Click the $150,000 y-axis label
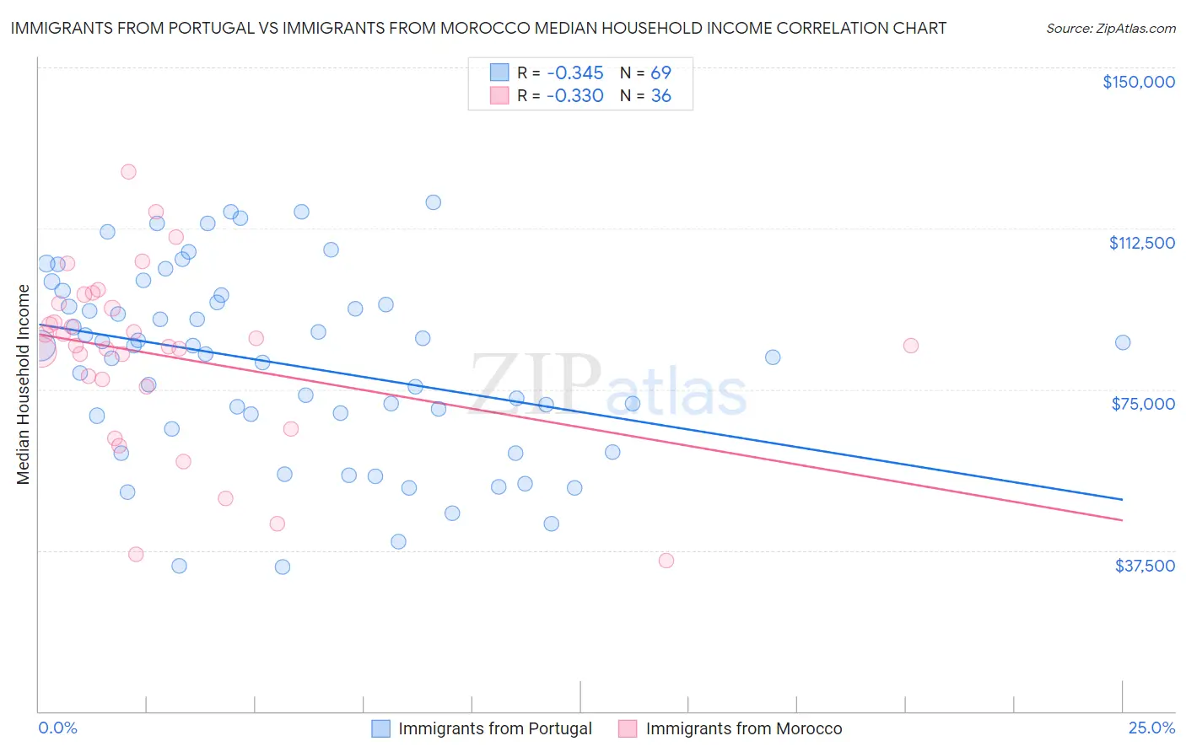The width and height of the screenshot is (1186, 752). tap(1138, 82)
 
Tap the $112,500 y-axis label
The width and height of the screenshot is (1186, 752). tap(1141, 243)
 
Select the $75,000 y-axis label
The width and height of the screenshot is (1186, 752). tap(1143, 404)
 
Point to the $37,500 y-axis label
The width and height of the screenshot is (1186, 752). tap(1145, 565)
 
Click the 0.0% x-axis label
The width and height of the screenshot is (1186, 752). tap(57, 728)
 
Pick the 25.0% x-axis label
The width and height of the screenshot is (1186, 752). tap(1151, 728)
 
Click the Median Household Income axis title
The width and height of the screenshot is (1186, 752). tap(23, 384)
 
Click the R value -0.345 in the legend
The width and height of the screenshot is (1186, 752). tap(574, 73)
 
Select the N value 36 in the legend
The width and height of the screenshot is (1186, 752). tap(660, 96)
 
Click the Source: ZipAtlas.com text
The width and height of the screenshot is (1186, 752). tap(1110, 28)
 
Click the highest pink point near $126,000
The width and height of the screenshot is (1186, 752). tap(128, 171)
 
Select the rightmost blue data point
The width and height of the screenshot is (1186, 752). tap(1122, 342)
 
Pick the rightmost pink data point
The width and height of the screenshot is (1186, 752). tap(910, 345)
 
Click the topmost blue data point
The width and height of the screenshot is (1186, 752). tap(433, 201)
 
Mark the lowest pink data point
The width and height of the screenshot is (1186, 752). tap(666, 560)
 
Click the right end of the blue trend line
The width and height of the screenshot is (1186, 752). tap(1122, 500)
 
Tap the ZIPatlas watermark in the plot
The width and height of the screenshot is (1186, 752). tap(608, 384)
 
